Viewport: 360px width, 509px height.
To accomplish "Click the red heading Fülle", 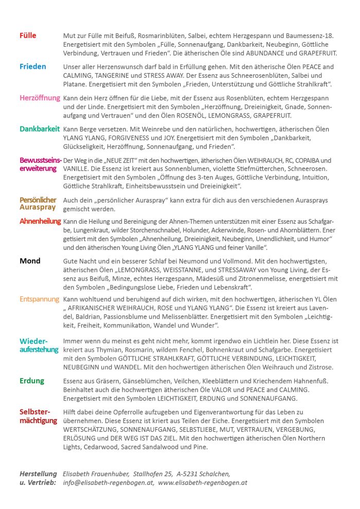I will click(x=28, y=36).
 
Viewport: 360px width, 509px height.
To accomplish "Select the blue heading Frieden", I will click(x=33, y=67).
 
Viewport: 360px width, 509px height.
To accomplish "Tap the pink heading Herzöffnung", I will click(x=40, y=98).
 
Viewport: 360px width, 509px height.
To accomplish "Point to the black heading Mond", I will click(x=30, y=261).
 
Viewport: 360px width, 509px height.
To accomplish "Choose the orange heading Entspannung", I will click(x=39, y=299).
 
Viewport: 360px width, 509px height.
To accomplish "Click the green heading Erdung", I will click(x=32, y=381).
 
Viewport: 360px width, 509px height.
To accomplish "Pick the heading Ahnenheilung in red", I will click(x=40, y=221).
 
